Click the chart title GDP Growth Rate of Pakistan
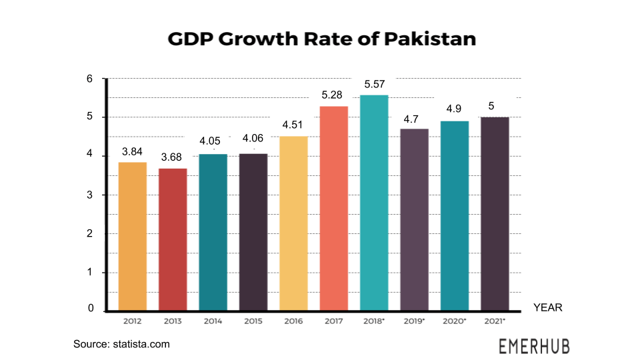tap(321, 39)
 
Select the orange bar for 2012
tap(132, 236)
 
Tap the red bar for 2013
tap(173, 239)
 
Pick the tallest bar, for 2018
tap(374, 203)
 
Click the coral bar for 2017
tap(334, 208)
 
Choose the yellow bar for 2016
tap(293, 223)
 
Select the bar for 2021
tap(495, 214)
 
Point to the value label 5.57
tap(374, 85)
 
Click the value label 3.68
tap(173, 157)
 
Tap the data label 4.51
tap(293, 125)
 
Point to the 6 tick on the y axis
tap(90, 79)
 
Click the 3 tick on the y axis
tap(90, 195)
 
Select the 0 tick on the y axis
tap(90, 310)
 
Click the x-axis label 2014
tap(213, 321)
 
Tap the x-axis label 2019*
tap(414, 321)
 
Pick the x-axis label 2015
tap(253, 321)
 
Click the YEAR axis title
tap(547, 308)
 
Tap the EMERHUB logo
tap(534, 346)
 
